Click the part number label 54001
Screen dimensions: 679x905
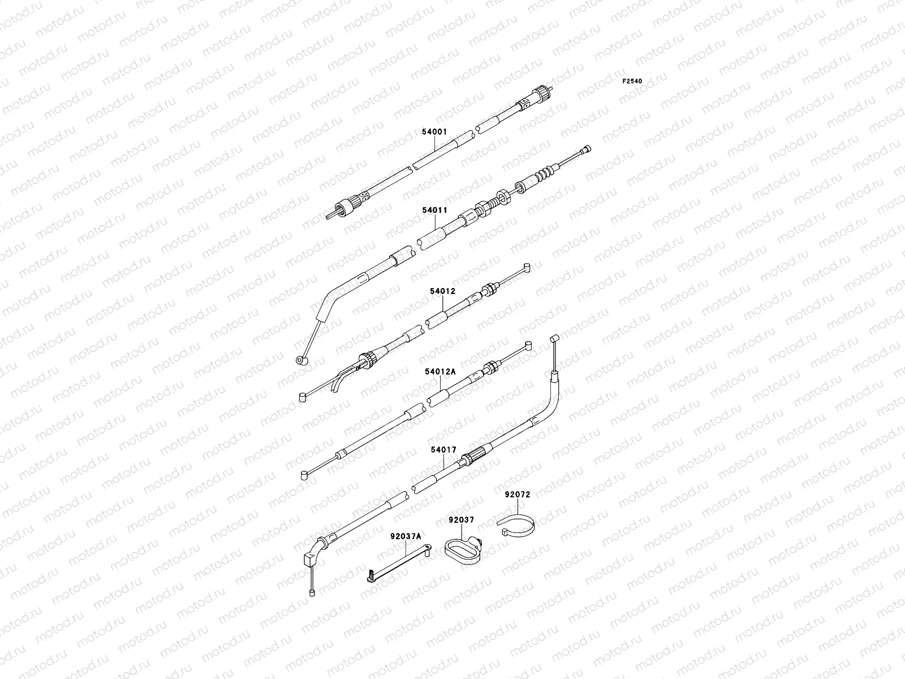coord(434,132)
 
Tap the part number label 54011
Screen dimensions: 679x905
coord(434,210)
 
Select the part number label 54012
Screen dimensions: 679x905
coord(442,291)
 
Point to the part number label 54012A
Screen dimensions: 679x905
coord(440,372)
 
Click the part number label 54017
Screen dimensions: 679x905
coord(443,450)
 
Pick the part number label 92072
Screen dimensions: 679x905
coord(517,494)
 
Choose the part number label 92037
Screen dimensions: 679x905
coord(461,519)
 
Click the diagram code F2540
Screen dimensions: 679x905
coord(632,81)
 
